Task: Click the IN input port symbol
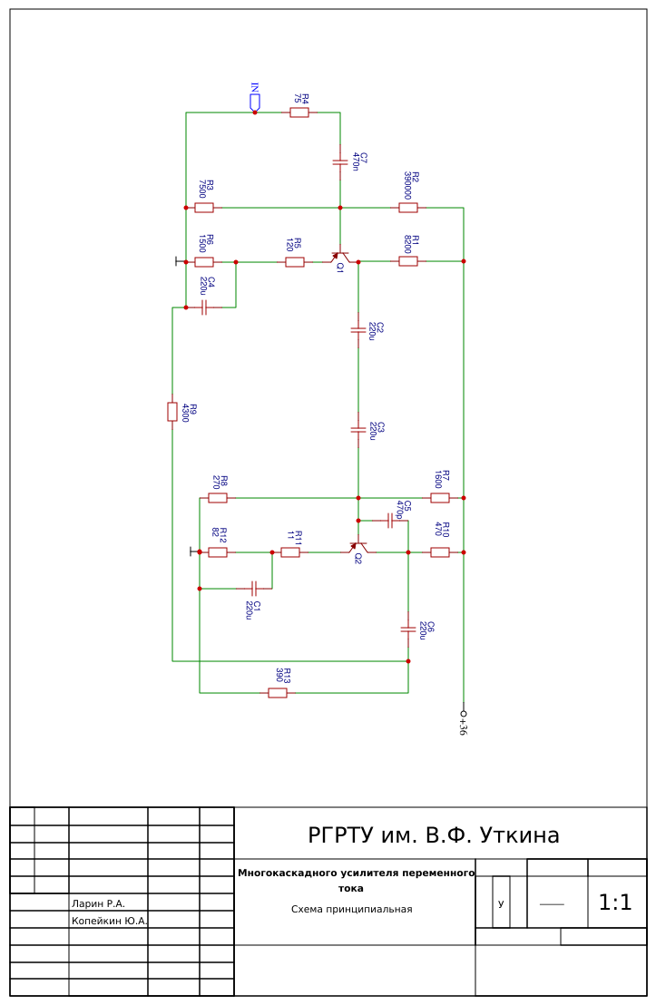click(255, 102)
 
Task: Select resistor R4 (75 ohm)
click(299, 112)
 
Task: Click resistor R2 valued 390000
click(407, 208)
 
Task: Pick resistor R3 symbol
click(204, 208)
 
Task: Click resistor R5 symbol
click(294, 262)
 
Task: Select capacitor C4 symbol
click(204, 307)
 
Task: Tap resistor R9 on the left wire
click(172, 412)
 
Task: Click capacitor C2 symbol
click(358, 329)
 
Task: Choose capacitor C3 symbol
click(358, 429)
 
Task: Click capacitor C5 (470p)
click(390, 521)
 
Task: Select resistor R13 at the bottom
click(277, 693)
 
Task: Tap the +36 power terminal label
click(464, 724)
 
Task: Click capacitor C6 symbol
click(407, 629)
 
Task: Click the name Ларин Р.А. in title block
click(98, 903)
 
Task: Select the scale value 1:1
click(615, 903)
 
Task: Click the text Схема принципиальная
click(351, 910)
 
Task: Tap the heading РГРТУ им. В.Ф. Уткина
click(434, 835)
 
